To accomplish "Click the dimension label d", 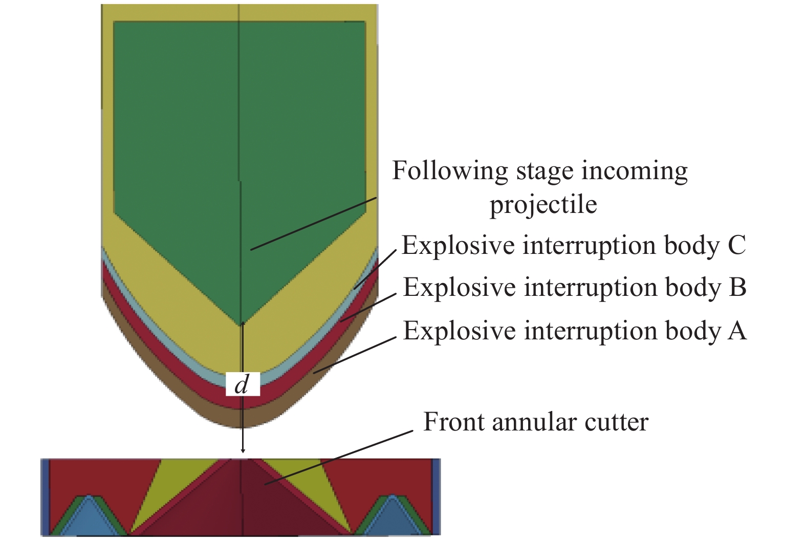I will (x=243, y=384).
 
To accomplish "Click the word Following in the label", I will (x=449, y=171).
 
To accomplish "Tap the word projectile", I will (x=543, y=205).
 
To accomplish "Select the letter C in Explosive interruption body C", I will (x=736, y=245).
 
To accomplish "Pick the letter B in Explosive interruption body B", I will (x=737, y=287).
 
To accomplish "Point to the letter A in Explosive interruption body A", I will (x=737, y=331).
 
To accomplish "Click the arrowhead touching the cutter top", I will (x=243, y=450).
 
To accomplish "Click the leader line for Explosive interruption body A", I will (x=355, y=354).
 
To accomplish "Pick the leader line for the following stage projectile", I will (x=313, y=224).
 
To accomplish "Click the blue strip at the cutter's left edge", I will (x=45, y=497).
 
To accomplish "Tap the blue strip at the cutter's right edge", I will (x=436, y=497).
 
